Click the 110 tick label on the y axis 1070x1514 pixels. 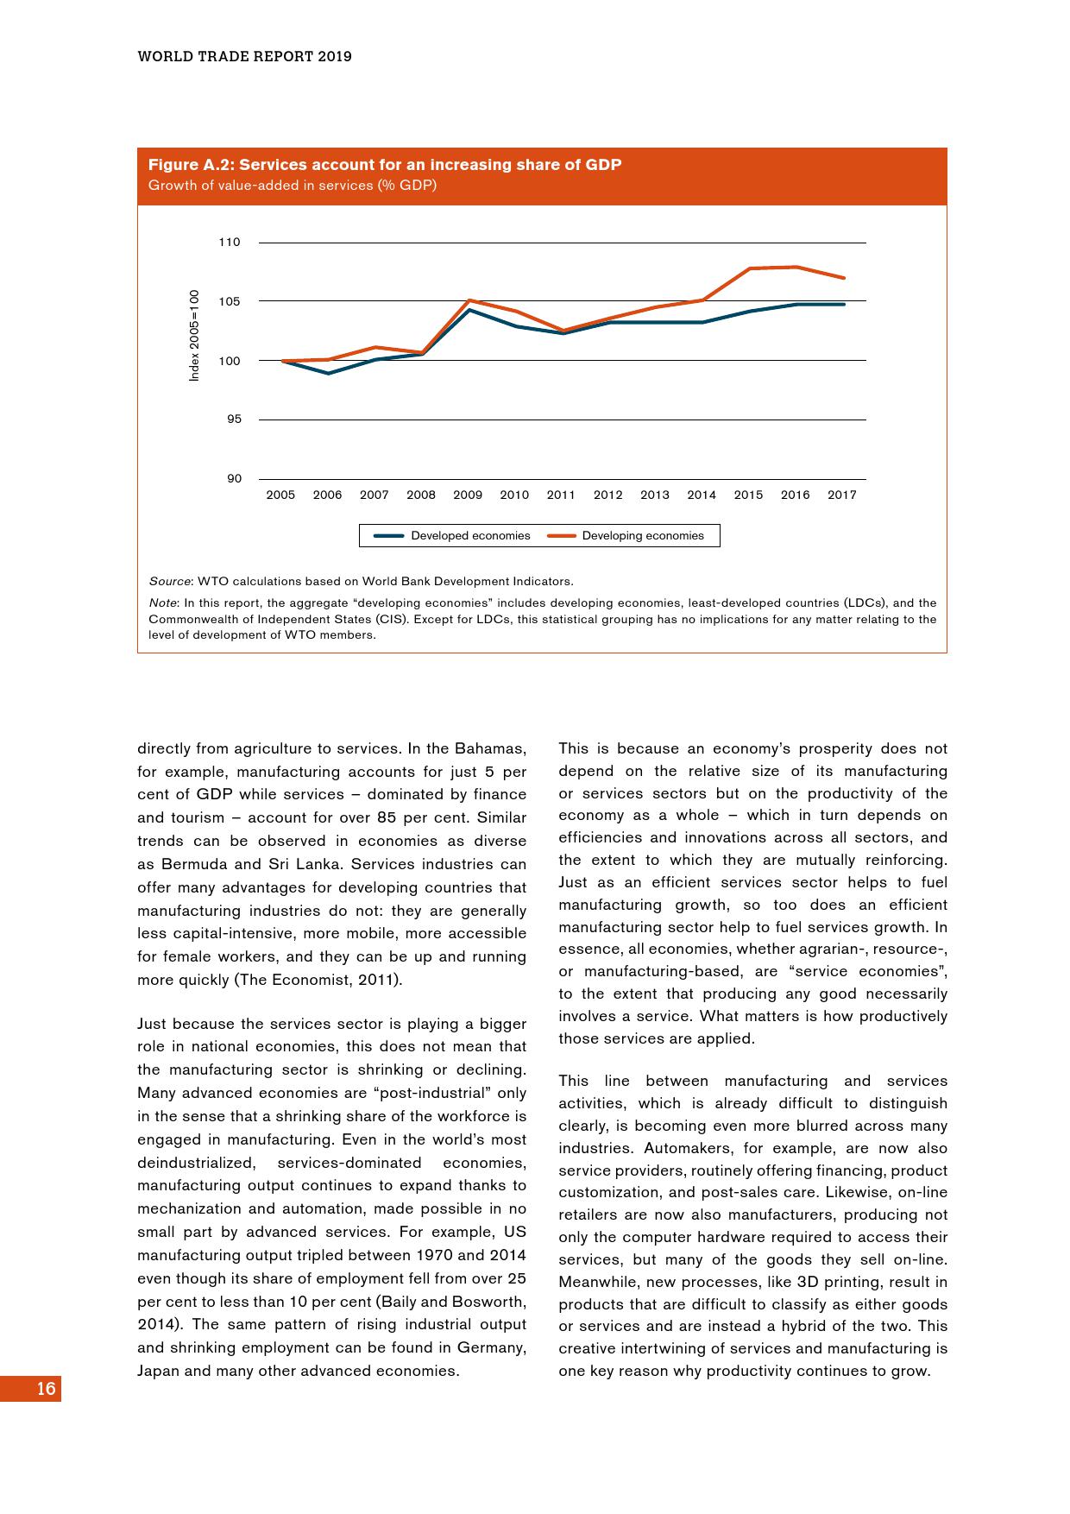[229, 243]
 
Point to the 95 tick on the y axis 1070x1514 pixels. [234, 420]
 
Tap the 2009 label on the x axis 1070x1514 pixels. [468, 495]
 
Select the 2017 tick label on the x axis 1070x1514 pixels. [842, 495]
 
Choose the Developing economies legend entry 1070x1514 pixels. [626, 536]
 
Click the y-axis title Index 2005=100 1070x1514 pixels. [195, 335]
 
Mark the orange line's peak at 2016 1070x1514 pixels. [796, 267]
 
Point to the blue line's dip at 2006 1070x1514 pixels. [328, 373]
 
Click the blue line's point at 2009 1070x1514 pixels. [468, 309]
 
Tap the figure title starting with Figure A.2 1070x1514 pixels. [385, 165]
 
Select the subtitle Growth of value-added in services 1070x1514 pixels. [293, 186]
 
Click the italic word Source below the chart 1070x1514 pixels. [169, 582]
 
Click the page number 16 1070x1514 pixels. [46, 1389]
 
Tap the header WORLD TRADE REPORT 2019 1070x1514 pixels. [245, 57]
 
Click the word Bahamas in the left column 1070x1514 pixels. [489, 748]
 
